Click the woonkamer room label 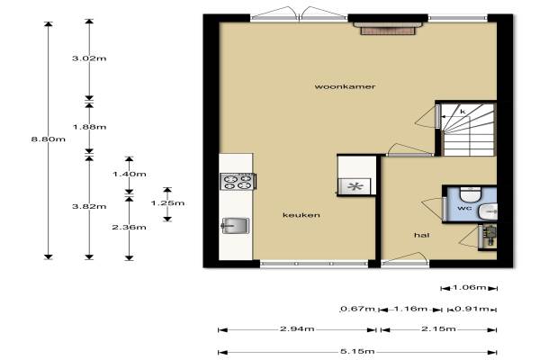click(345, 86)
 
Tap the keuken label click(301, 215)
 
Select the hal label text click(421, 235)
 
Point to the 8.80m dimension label click(49, 139)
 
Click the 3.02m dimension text click(89, 58)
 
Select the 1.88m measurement click(89, 127)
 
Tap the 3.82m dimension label click(89, 206)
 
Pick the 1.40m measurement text click(129, 174)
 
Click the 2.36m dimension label click(129, 227)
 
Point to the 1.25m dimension click(167, 202)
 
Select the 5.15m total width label click(357, 351)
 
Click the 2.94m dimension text click(297, 328)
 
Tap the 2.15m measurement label click(439, 328)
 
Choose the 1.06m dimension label click(470, 287)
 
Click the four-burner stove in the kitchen click(238, 182)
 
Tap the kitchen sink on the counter click(235, 226)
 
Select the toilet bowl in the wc click(471, 194)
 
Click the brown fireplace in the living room click(388, 29)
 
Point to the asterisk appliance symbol click(355, 186)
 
